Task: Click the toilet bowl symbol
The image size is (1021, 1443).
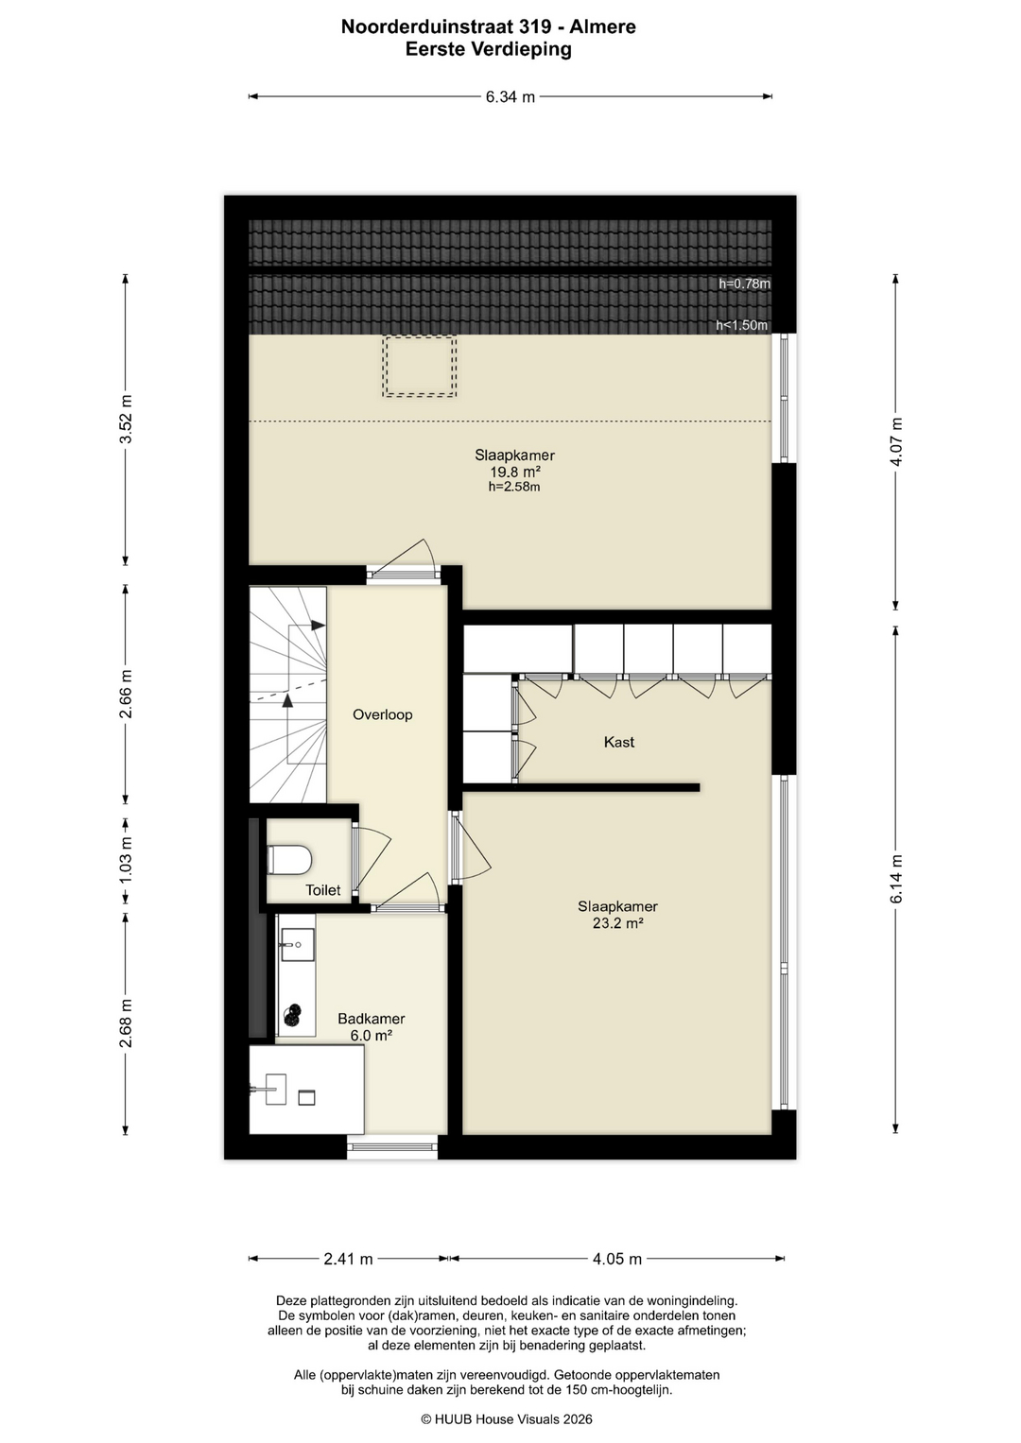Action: pos(290,859)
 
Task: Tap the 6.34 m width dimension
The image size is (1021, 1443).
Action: pos(510,97)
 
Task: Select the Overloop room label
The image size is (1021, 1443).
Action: pos(382,714)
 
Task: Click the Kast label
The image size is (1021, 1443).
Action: pos(619,742)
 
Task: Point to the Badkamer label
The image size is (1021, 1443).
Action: pos(372,1019)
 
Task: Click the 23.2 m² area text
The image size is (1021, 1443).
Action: pos(618,923)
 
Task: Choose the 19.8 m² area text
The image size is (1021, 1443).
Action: pos(514,472)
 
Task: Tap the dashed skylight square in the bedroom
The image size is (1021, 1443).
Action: pos(420,366)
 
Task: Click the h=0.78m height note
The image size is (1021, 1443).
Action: pos(745,283)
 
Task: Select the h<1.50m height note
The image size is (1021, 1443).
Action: pos(742,325)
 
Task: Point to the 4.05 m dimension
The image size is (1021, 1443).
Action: pos(616,1258)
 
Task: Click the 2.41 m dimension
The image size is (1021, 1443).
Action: pos(348,1258)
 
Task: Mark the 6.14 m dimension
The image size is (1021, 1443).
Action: pos(896,879)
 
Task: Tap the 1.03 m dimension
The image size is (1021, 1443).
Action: pos(126,860)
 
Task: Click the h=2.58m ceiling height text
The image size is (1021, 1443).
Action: pos(514,487)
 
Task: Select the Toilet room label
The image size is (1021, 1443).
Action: pos(323,889)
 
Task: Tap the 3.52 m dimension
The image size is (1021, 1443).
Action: pos(126,419)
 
